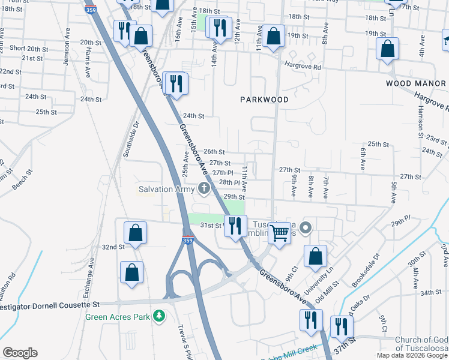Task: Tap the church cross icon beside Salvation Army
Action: [x=203, y=190]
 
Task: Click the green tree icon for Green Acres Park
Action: [x=159, y=316]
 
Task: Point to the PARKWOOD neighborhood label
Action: [x=265, y=100]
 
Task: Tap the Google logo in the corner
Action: [x=20, y=353]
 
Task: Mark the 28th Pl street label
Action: [x=229, y=182]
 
